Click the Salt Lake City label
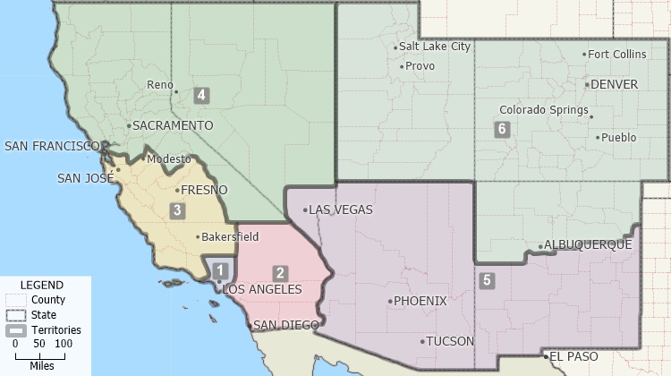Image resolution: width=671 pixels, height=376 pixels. point(435,47)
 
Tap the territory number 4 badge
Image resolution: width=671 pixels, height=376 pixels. point(202,95)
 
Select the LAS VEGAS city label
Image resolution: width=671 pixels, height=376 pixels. point(341,210)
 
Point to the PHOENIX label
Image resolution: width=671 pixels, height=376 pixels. point(420,301)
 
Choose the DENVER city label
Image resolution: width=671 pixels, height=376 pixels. point(615,85)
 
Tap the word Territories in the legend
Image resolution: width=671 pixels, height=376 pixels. point(56,329)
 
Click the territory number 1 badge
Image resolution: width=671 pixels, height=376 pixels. point(221,269)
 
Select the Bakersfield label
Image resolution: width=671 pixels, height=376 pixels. point(230,237)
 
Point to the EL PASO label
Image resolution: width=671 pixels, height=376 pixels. point(573,356)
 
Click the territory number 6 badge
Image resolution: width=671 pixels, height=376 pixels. point(502,129)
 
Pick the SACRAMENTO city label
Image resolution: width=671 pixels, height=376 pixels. point(172,125)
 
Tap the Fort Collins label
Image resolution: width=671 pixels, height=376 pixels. point(617,55)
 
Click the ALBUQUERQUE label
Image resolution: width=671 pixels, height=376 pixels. point(588,244)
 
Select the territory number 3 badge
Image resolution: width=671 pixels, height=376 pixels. point(178,211)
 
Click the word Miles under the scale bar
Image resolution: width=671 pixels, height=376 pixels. point(41,365)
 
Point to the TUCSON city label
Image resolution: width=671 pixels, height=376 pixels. point(449,341)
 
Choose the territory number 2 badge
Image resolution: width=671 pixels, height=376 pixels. point(281,273)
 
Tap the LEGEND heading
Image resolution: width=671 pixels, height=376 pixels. point(41,285)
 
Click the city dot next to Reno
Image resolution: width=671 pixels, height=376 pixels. point(177,91)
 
